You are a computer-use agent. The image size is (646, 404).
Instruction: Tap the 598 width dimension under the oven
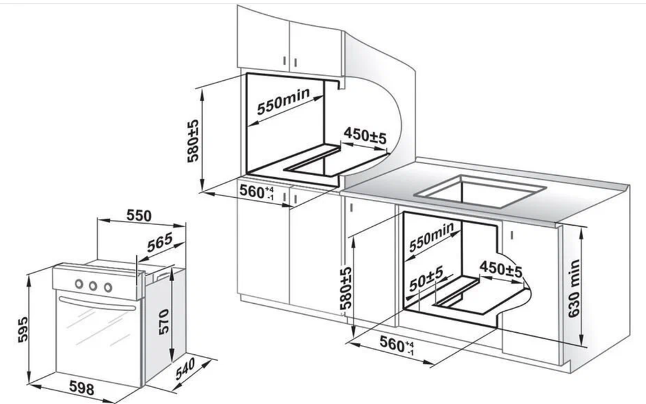coord(81,389)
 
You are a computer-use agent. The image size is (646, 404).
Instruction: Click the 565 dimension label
coord(159,240)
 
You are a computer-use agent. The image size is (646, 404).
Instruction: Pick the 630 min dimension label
coord(574,288)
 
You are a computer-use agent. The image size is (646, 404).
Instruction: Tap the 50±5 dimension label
coord(425,277)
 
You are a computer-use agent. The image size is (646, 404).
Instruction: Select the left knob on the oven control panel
coord(79,284)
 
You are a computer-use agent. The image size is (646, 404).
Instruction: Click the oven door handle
coord(97,302)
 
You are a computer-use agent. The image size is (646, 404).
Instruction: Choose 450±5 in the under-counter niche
coord(500,268)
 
